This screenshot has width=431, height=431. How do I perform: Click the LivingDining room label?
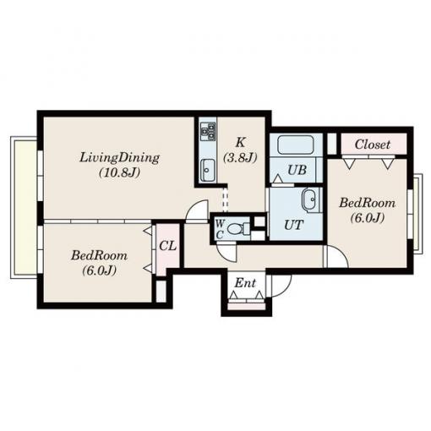point(119,158)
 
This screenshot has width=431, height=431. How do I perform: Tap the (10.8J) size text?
point(119,172)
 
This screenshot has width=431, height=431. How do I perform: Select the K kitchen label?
point(240,142)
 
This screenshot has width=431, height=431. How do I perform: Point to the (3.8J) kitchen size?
point(240,158)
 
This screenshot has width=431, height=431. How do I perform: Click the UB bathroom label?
point(297,170)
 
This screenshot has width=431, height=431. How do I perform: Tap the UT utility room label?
point(294,225)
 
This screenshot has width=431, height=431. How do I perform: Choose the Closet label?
point(373,145)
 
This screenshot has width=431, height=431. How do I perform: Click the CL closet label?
point(168,246)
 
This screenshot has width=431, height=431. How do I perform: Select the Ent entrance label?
point(245,283)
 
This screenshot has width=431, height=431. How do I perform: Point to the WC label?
point(220,229)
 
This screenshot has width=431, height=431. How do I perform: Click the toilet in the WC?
point(238,228)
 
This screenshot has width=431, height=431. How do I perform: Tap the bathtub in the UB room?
point(295,145)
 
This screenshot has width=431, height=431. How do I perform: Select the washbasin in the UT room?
point(311,200)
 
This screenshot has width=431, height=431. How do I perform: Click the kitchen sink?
point(208,170)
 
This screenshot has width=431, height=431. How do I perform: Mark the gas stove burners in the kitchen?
point(208,132)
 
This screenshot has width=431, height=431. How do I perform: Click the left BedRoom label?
point(99,256)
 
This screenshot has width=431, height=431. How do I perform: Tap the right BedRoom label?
point(367,203)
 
